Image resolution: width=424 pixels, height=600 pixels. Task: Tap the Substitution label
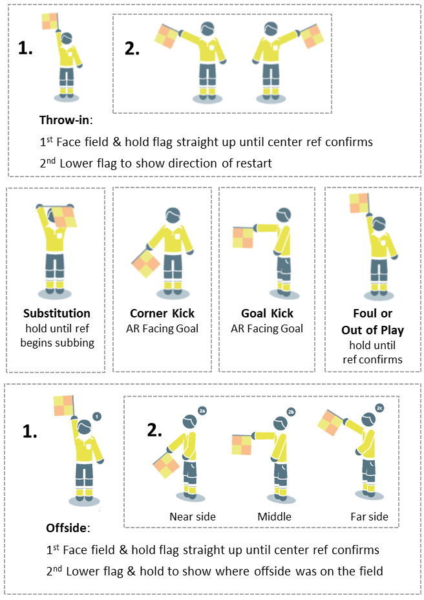click(57, 314)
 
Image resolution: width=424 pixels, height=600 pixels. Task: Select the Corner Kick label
click(162, 314)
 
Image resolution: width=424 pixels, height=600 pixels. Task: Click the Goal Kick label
click(266, 314)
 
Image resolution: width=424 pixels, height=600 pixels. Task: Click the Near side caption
click(192, 517)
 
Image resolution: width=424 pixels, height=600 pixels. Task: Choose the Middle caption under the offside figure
click(274, 517)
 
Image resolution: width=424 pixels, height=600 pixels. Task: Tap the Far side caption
click(369, 517)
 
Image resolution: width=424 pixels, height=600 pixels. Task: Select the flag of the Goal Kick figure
click(244, 237)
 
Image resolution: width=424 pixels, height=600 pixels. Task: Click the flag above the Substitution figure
click(64, 216)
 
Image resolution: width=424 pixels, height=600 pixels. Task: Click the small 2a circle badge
click(202, 411)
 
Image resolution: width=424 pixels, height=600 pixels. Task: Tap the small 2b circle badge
click(291, 411)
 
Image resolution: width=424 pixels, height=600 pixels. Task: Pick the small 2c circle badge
click(379, 408)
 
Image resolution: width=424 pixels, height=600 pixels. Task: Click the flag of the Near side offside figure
click(165, 464)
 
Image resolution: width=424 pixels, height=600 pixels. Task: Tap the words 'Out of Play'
click(372, 330)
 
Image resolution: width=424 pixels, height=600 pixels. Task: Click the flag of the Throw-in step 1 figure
click(50, 21)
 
